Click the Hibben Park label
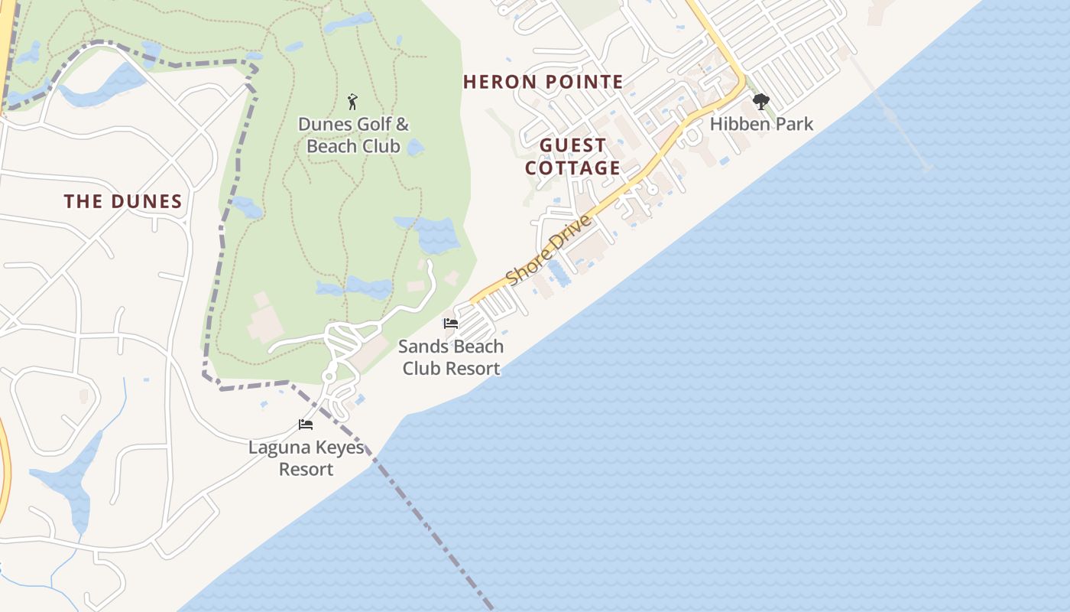tap(761, 124)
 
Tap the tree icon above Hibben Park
tap(760, 102)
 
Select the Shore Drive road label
tap(549, 250)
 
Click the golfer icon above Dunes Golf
tap(352, 102)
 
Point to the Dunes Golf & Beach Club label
tap(353, 135)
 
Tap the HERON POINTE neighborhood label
tap(543, 82)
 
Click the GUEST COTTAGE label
tap(572, 157)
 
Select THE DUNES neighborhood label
tap(123, 202)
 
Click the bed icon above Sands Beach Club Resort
tap(451, 324)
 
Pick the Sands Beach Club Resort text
tap(451, 357)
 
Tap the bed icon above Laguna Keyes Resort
tap(306, 425)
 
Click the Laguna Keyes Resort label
tap(306, 458)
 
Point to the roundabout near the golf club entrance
tap(329, 376)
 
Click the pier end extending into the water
tap(927, 168)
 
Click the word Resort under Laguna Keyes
tap(306, 469)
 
